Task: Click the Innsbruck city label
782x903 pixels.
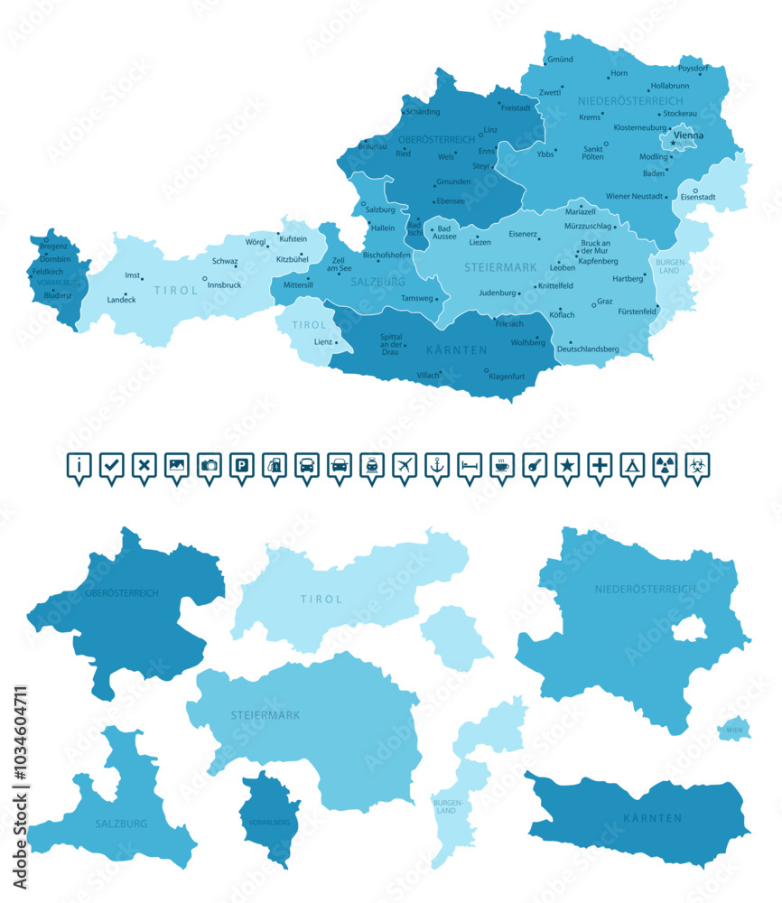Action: [x=224, y=285]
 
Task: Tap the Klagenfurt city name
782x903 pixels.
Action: [x=507, y=375]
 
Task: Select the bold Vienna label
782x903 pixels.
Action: [x=689, y=135]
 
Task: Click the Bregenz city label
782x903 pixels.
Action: [x=53, y=247]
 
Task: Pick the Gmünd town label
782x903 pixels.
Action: [x=560, y=60]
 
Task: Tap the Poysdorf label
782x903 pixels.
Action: [x=694, y=68]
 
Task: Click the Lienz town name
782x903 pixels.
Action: [x=322, y=342]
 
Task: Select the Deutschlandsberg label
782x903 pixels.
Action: [x=588, y=349]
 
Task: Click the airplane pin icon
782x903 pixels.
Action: [x=405, y=466]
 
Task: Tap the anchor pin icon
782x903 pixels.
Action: [x=437, y=466]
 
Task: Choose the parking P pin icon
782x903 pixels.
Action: [x=242, y=466]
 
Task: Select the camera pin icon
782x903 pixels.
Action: [x=209, y=466]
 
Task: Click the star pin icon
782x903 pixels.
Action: [x=567, y=466]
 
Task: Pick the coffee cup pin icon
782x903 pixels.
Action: [x=502, y=466]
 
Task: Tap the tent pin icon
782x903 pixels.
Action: [x=632, y=466]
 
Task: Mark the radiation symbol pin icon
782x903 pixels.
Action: [x=665, y=466]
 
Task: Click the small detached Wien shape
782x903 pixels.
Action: [x=734, y=729]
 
